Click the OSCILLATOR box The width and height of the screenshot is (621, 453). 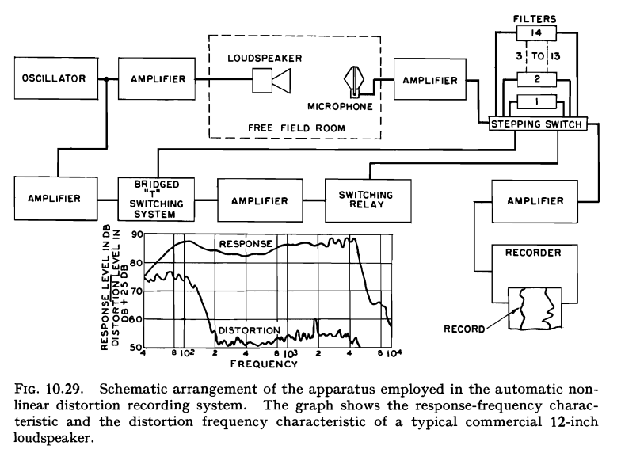click(56, 78)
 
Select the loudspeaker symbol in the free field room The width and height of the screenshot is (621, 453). click(272, 81)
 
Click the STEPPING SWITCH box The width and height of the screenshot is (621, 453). click(537, 124)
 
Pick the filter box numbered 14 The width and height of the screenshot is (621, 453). click(536, 33)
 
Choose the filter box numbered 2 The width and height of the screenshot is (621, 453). click(537, 79)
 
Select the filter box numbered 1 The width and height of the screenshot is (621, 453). click(537, 102)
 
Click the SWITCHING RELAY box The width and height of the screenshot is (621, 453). click(368, 200)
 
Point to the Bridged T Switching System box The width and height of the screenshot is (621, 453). click(157, 200)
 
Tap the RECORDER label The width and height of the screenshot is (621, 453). click(533, 253)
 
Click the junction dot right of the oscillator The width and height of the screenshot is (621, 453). click(106, 79)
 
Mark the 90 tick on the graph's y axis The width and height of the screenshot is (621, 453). click(137, 234)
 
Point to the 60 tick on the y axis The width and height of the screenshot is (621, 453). click(137, 319)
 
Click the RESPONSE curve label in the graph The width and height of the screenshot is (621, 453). click(246, 244)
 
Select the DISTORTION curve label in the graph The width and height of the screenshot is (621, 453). click(249, 330)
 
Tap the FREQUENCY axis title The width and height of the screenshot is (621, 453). click(264, 364)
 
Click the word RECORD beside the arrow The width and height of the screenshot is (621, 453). click(464, 329)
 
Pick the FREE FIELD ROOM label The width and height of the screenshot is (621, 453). click(296, 128)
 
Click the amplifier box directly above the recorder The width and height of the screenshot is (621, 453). click(535, 201)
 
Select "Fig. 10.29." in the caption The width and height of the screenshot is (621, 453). click(49, 389)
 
